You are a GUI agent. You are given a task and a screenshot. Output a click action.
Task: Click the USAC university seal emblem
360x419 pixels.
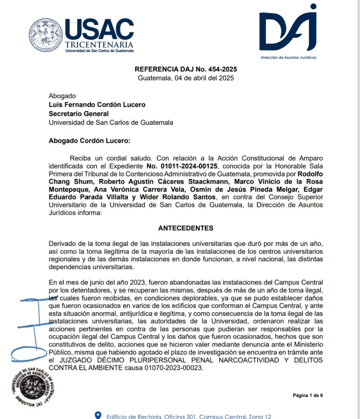point(46,35)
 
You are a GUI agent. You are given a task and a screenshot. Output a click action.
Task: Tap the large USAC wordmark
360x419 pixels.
point(100,29)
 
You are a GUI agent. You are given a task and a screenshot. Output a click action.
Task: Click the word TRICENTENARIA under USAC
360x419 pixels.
point(99,45)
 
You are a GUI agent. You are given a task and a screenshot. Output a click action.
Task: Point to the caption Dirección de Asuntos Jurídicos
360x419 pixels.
point(288,58)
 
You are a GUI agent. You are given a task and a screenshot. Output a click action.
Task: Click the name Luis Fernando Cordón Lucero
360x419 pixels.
point(97,105)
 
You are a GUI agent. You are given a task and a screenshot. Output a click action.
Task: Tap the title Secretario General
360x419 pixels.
point(79,114)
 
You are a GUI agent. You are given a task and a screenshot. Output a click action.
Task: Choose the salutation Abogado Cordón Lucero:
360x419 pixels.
point(89,141)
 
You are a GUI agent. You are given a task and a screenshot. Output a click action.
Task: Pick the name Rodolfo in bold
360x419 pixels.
point(310,174)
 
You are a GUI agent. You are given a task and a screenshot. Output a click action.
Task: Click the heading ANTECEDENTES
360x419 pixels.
point(186,228)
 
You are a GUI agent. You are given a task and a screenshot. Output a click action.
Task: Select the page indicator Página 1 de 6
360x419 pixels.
point(308,395)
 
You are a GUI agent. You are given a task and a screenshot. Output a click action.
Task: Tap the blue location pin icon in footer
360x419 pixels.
point(98,416)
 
